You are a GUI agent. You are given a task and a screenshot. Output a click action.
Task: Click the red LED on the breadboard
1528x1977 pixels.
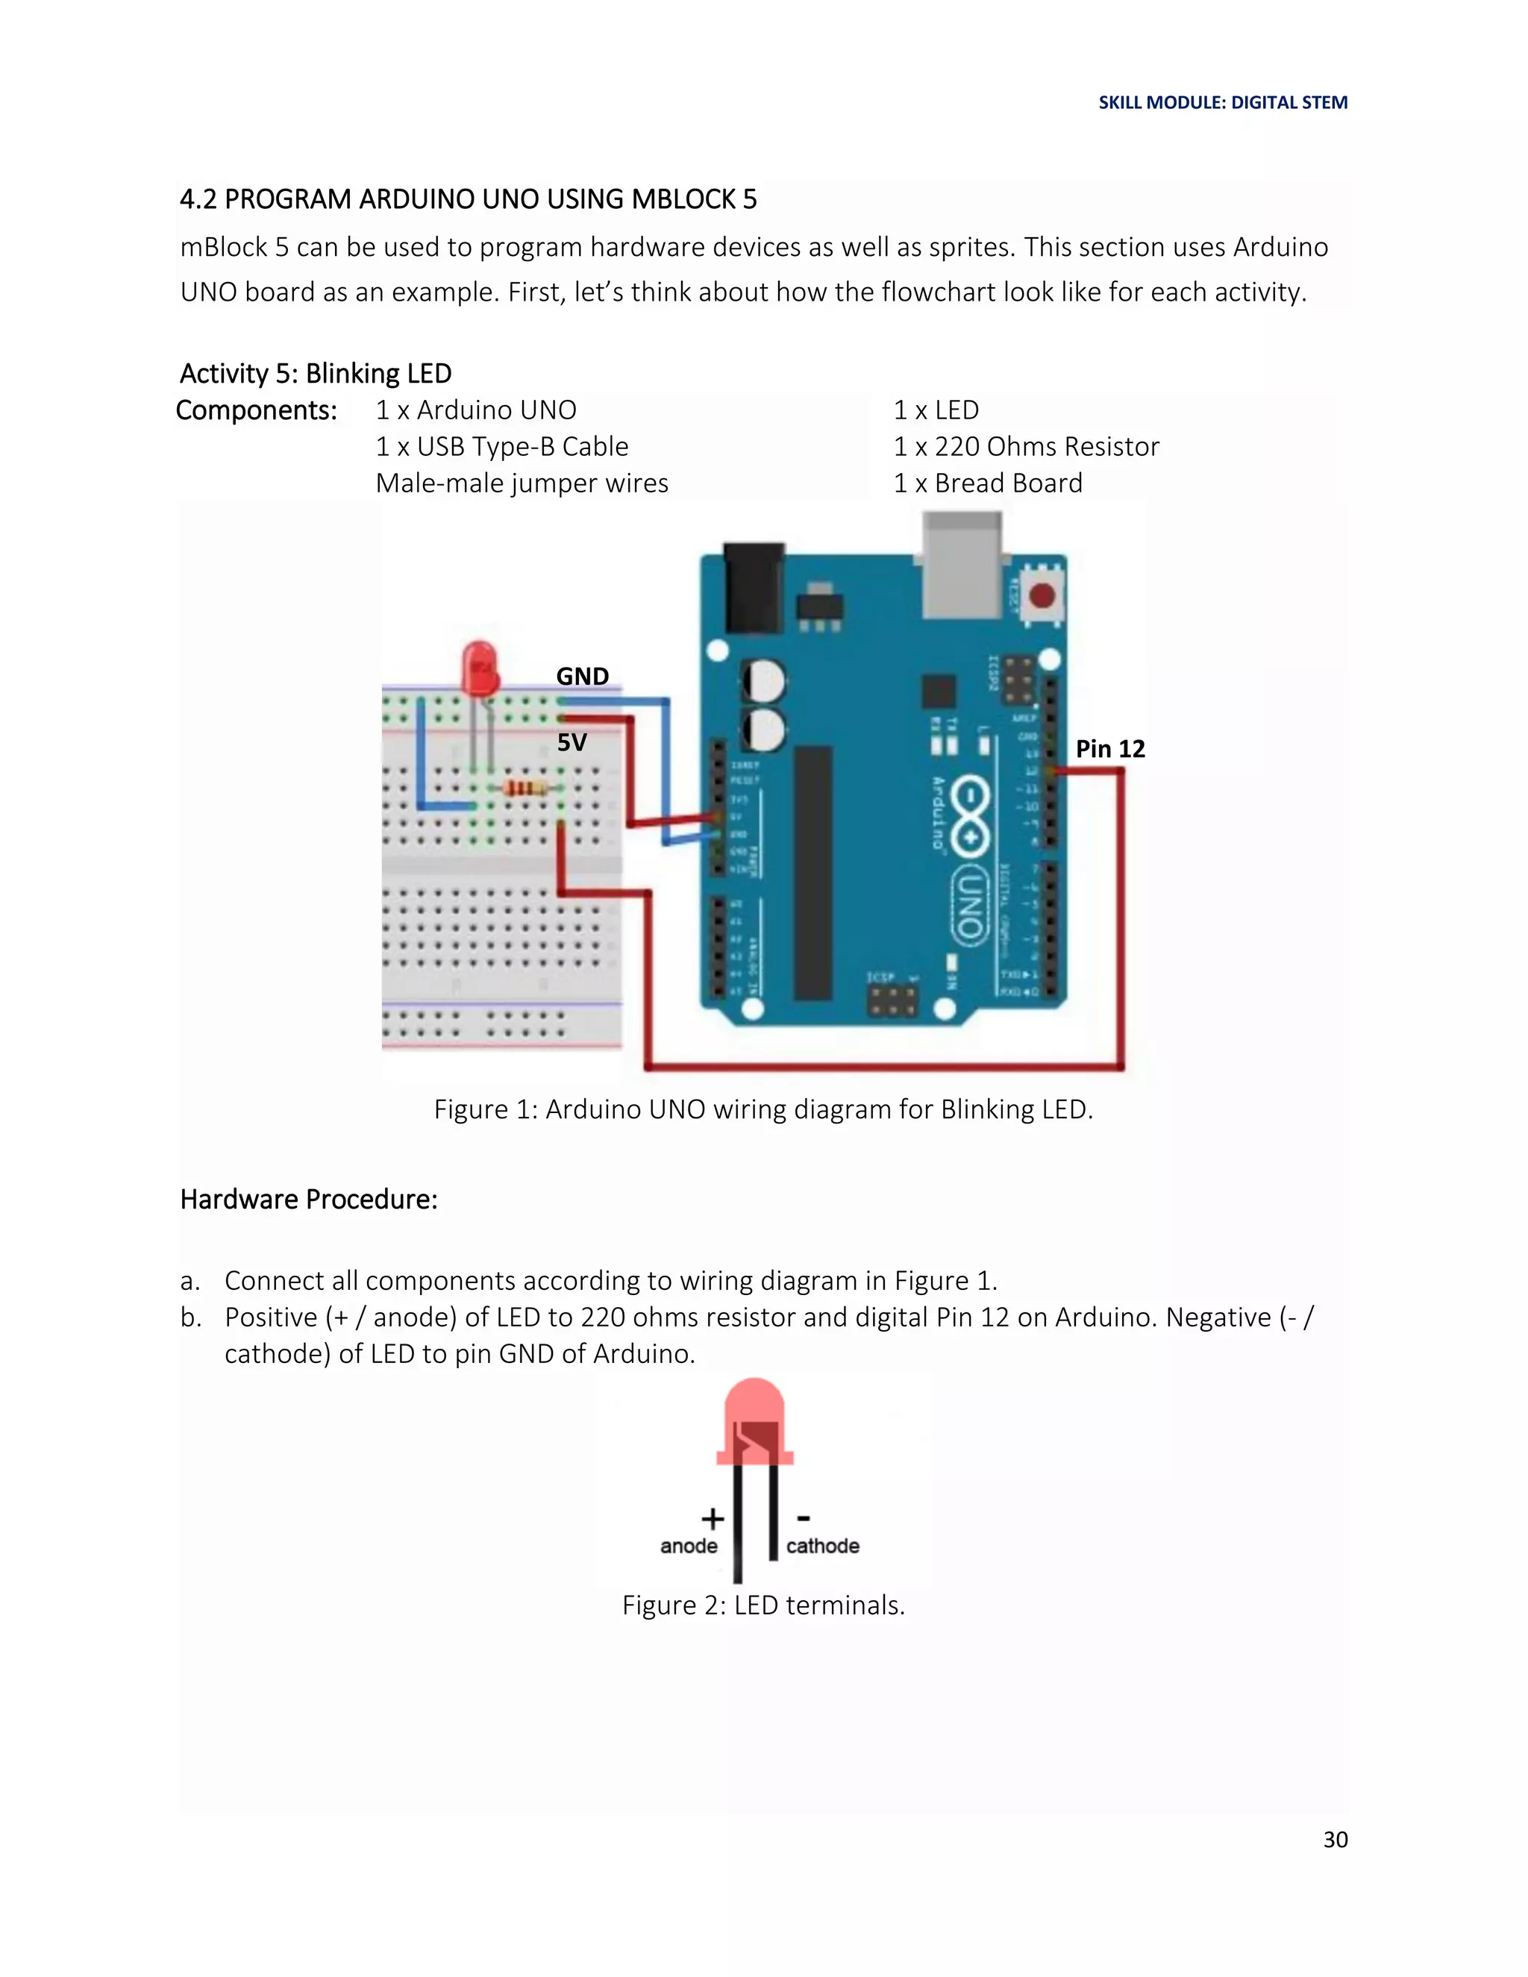point(480,668)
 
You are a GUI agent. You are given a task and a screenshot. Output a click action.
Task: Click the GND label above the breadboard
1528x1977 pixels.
point(582,676)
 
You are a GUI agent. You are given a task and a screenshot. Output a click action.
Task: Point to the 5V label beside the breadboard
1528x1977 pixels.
point(572,742)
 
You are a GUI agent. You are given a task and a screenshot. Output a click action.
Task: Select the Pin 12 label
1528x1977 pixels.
point(1109,748)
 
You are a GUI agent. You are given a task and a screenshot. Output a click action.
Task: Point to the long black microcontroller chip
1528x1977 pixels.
point(813,874)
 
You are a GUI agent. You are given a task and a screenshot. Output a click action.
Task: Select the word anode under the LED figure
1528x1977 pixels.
point(688,1546)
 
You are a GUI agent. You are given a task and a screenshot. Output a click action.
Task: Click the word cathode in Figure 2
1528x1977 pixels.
point(822,1546)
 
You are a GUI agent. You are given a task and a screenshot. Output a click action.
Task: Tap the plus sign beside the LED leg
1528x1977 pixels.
point(713,1518)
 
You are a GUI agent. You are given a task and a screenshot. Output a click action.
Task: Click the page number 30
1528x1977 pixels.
point(1336,1840)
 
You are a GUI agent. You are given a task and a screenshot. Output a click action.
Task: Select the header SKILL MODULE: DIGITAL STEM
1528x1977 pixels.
point(1223,102)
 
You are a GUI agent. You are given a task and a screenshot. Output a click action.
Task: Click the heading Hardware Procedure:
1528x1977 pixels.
point(309,1200)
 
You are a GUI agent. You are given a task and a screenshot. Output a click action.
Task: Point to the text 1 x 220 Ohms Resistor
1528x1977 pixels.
point(1026,446)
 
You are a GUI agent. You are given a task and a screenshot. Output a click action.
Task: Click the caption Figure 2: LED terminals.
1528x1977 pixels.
point(763,1605)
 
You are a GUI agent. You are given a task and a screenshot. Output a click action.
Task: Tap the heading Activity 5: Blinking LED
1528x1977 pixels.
point(315,373)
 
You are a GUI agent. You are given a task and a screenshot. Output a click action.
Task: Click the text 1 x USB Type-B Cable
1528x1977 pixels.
point(501,446)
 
